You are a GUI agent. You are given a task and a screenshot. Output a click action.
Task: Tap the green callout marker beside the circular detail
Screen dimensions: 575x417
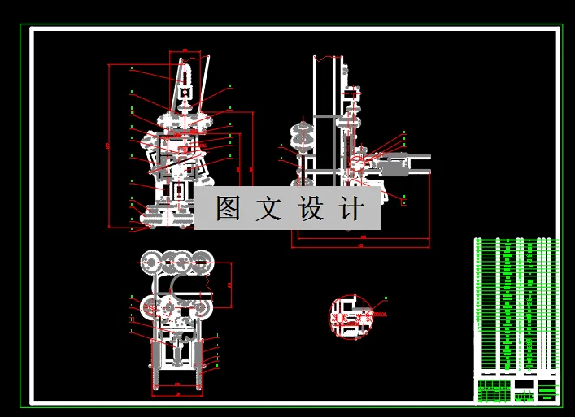(386, 300)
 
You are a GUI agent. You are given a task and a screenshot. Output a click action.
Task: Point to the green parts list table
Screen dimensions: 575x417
(517, 305)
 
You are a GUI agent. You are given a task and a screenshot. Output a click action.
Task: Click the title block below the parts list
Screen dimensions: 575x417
(517, 388)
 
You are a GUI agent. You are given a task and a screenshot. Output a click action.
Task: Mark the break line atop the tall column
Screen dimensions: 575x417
(329, 58)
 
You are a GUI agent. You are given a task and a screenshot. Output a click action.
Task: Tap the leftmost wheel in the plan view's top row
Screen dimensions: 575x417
(152, 261)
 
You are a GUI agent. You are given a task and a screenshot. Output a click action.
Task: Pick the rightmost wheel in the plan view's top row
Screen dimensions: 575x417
(204, 261)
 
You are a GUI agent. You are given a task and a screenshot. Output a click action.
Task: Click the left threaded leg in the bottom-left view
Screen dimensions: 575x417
(156, 365)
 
